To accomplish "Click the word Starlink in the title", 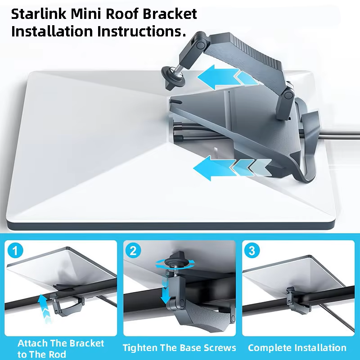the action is coord(39,14).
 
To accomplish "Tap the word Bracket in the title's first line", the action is coord(170,14).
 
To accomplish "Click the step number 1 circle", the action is coord(15,251).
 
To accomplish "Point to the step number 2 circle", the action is coord(134,251).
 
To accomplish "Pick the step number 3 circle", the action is coord(252,251).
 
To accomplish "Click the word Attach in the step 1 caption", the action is coord(32,343).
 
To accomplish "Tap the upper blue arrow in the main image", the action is coord(228,77).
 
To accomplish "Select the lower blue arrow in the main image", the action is coord(232,167).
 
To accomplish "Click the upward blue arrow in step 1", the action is coord(44,309).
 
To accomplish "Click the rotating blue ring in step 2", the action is coord(175,264).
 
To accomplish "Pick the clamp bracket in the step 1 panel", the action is coord(67,303).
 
